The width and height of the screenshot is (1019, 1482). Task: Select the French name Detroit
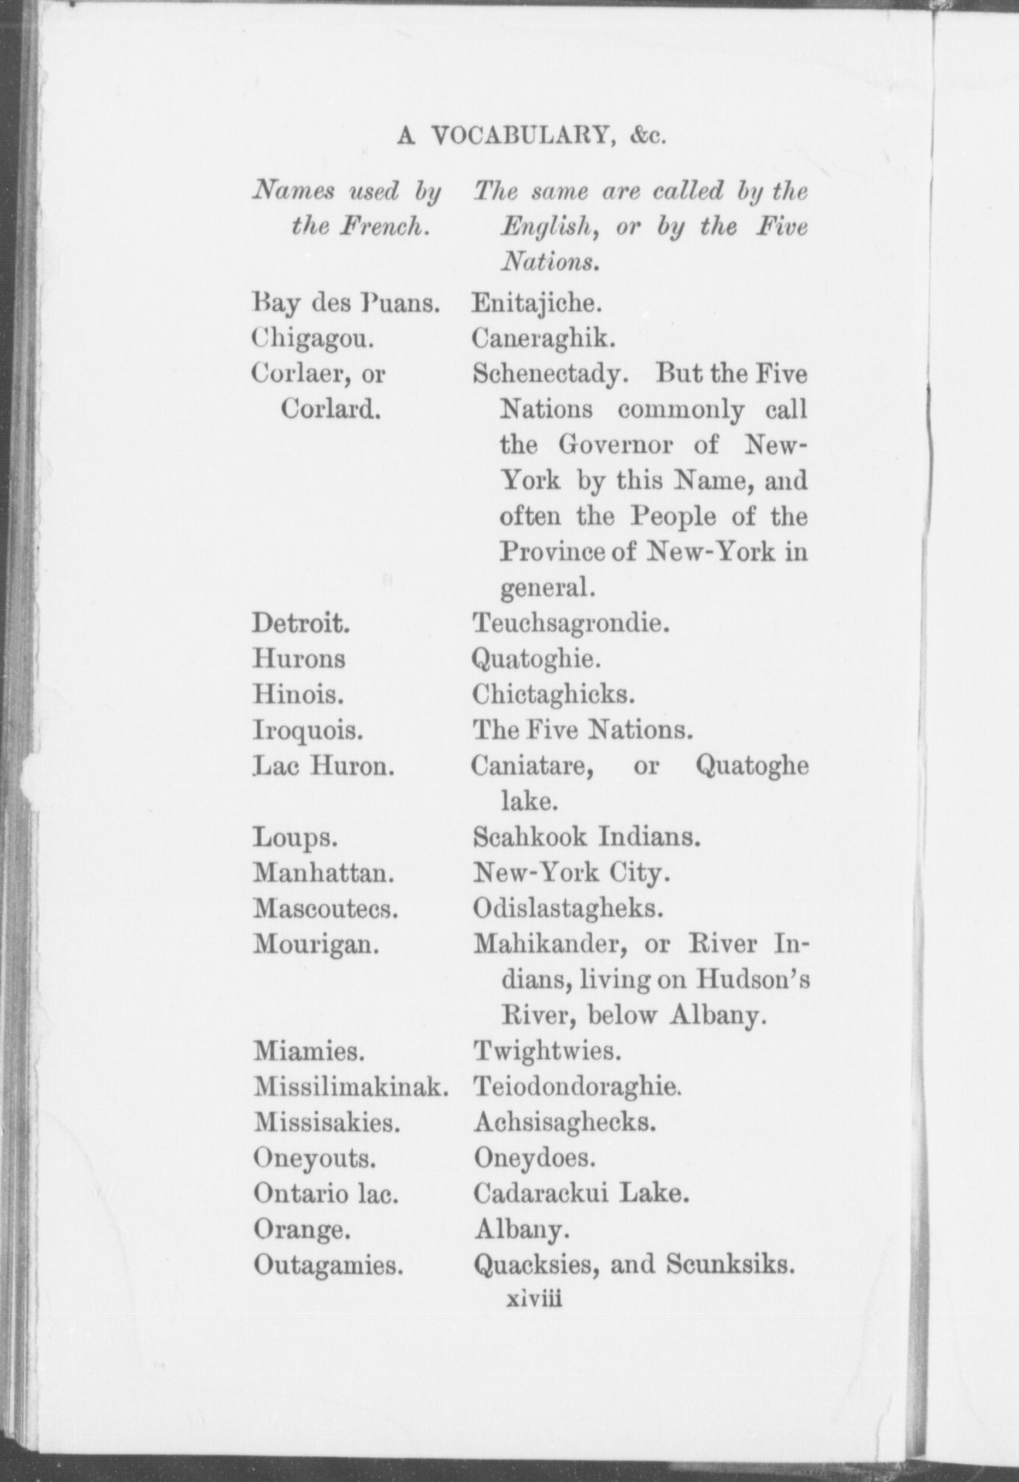click(x=302, y=623)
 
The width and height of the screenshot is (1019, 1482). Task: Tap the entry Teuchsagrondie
click(x=570, y=623)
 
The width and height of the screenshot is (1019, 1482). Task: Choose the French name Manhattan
click(x=324, y=873)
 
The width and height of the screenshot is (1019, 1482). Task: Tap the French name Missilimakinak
click(x=351, y=1087)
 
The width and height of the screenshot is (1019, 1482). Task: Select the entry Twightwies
click(x=547, y=1051)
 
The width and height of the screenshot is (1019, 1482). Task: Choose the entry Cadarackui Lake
click(x=580, y=1193)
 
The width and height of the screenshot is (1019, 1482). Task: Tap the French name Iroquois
click(x=308, y=729)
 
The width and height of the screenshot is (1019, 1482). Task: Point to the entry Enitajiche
click(x=537, y=303)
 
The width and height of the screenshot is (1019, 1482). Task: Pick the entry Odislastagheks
click(x=568, y=908)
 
